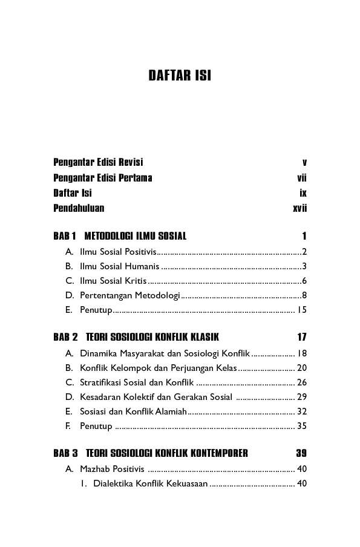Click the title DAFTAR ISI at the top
(180, 76)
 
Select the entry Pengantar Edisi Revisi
(98, 162)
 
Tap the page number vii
(302, 178)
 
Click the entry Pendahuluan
(79, 208)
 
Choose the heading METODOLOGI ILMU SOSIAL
(136, 236)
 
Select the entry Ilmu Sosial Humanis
(119, 266)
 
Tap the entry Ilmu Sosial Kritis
(113, 281)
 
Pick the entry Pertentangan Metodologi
(130, 295)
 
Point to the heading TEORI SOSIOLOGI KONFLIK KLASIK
(152, 337)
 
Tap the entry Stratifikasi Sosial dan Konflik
(136, 382)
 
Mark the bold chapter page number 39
(301, 453)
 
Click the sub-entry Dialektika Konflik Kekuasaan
(150, 483)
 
